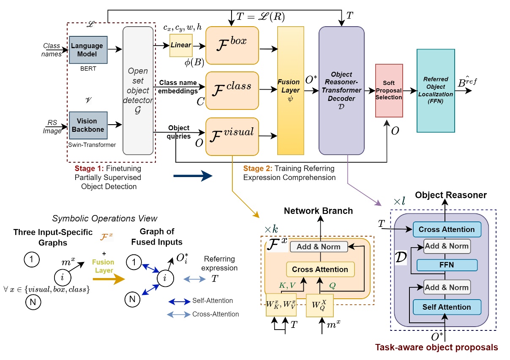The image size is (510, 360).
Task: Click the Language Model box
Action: [x=87, y=50]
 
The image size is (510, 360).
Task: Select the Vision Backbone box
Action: [x=87, y=125]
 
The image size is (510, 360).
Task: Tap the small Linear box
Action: [x=181, y=45]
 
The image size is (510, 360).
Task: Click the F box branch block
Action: [x=232, y=45]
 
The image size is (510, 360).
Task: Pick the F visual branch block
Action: [x=232, y=136]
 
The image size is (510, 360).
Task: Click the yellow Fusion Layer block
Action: [x=290, y=90]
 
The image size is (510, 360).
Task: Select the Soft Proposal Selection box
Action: [x=389, y=90]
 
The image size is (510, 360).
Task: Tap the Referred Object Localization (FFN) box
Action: [x=435, y=90]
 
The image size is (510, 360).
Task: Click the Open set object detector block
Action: [x=137, y=90]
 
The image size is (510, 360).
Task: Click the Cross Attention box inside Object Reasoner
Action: [x=446, y=229]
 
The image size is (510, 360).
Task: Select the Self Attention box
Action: [x=446, y=307]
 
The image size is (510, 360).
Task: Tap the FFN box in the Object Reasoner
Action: [x=446, y=265]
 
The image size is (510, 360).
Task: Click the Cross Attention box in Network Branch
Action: [x=320, y=269]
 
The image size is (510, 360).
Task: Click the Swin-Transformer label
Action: [x=92, y=145]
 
